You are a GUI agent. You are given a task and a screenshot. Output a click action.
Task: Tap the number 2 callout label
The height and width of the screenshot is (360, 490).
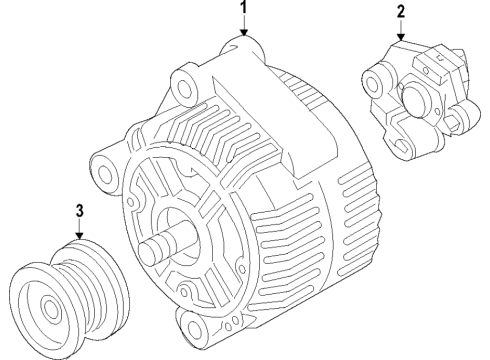400,12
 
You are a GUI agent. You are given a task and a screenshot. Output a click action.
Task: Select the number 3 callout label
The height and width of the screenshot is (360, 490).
80,211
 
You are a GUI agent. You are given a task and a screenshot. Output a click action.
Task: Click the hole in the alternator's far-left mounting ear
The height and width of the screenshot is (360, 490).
103,163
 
